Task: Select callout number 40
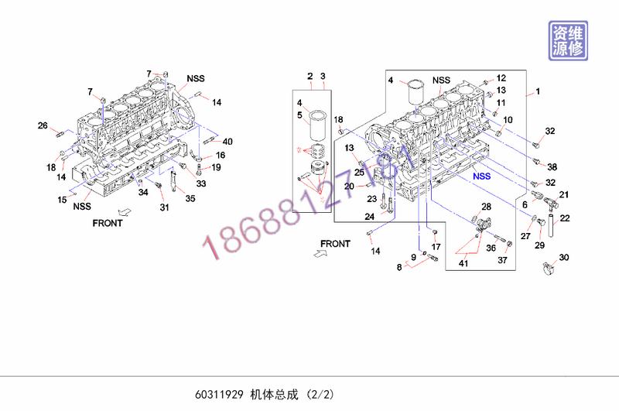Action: pyautogui.click(x=227, y=141)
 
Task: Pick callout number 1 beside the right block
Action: pyautogui.click(x=538, y=92)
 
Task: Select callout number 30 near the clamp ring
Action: pyautogui.click(x=563, y=257)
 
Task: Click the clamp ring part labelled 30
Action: pyautogui.click(x=548, y=269)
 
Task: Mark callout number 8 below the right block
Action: pyautogui.click(x=399, y=267)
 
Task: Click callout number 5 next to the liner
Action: pyautogui.click(x=299, y=116)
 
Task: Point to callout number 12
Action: pyautogui.click(x=501, y=77)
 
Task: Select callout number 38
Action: pyautogui.click(x=552, y=167)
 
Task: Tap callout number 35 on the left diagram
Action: pyautogui.click(x=190, y=198)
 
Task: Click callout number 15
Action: pyautogui.click(x=61, y=200)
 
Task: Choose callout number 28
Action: pyautogui.click(x=486, y=207)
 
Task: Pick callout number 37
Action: pyautogui.click(x=501, y=260)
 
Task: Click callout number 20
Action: pyautogui.click(x=349, y=186)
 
